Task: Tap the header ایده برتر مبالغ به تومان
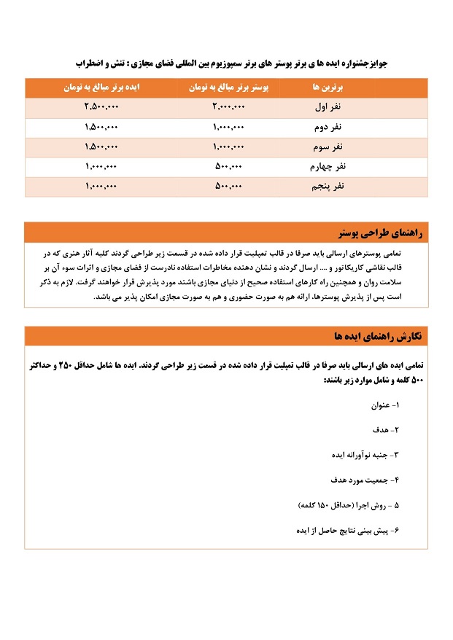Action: pyautogui.click(x=101, y=87)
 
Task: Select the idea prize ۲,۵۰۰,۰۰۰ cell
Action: pyautogui.click(x=101, y=107)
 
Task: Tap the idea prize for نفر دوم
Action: pyautogui.click(x=101, y=127)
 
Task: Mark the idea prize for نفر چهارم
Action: pyautogui.click(x=101, y=167)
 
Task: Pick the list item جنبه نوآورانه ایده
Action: pyautogui.click(x=363, y=454)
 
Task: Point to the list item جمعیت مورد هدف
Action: pyautogui.click(x=363, y=480)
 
